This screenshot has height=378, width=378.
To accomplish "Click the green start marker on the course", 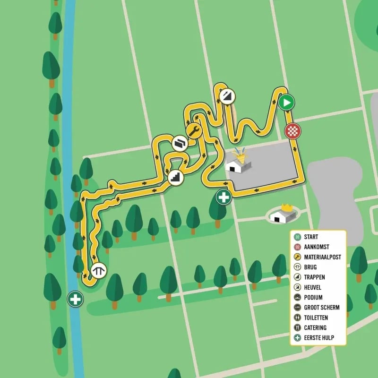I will (x=286, y=102).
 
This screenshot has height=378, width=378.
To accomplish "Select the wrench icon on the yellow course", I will (x=194, y=130).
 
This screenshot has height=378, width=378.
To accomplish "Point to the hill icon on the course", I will (x=227, y=96).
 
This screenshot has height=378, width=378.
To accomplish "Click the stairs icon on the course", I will (x=175, y=177).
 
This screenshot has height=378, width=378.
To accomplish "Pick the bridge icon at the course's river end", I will (x=99, y=270).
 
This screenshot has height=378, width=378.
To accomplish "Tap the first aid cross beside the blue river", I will (x=75, y=299).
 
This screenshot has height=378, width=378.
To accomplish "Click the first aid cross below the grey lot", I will (x=223, y=197).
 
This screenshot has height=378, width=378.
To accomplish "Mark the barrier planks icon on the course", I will (x=180, y=143).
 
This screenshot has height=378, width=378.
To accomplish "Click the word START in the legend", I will (x=311, y=237).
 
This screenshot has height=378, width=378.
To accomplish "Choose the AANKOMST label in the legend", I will (x=318, y=247).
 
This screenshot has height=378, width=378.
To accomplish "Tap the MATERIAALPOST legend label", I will (x=323, y=257).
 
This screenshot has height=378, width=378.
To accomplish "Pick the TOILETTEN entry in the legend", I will (x=316, y=318).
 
